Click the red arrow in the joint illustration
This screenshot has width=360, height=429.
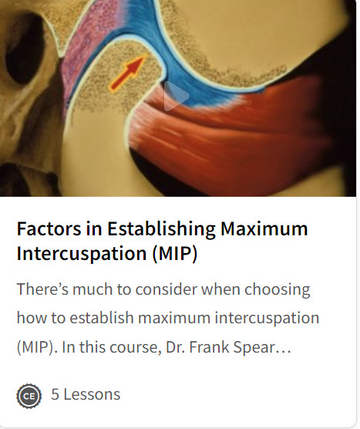point(128,73)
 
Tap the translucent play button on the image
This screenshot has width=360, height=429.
point(176,96)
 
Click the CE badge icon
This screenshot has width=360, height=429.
point(29,396)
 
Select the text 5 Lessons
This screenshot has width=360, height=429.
point(86,394)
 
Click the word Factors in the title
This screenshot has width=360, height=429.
point(49,228)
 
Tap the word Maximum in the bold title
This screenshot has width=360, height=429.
point(264,228)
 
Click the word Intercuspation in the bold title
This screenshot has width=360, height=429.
point(82,255)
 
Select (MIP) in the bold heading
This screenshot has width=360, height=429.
point(175,254)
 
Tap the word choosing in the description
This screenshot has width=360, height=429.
point(278,290)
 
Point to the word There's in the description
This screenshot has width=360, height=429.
point(42,289)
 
